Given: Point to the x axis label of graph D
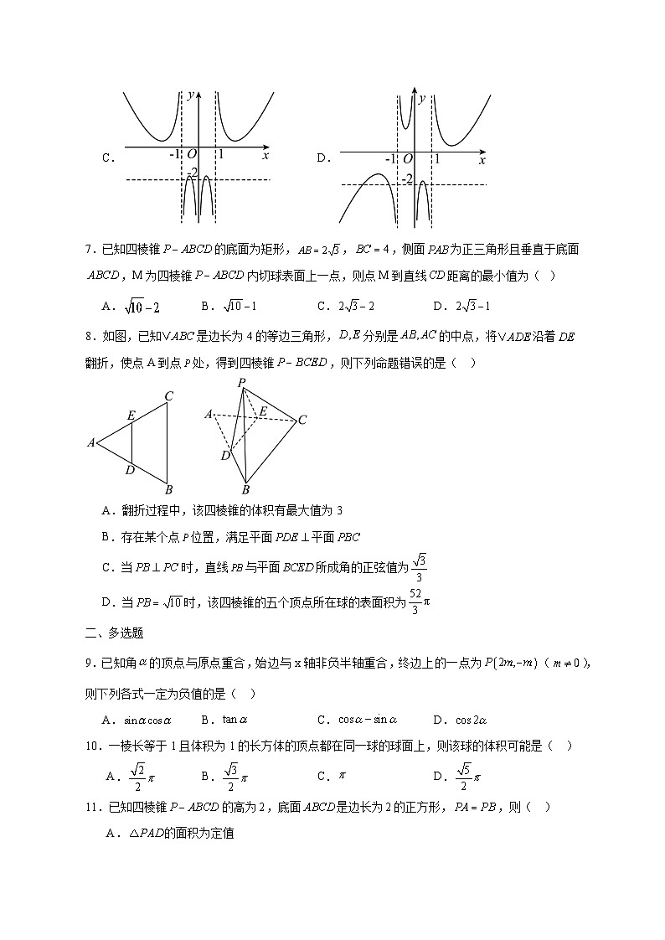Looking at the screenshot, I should tap(482, 160).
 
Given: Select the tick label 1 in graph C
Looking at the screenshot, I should tap(221, 155).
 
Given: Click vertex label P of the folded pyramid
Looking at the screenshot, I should tap(241, 382).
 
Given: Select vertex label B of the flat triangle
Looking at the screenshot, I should tap(168, 490).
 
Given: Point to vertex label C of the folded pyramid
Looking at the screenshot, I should tap(302, 420).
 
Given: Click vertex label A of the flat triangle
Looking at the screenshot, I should tap(90, 442).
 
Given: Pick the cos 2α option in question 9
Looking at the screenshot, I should tap(460, 719).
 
